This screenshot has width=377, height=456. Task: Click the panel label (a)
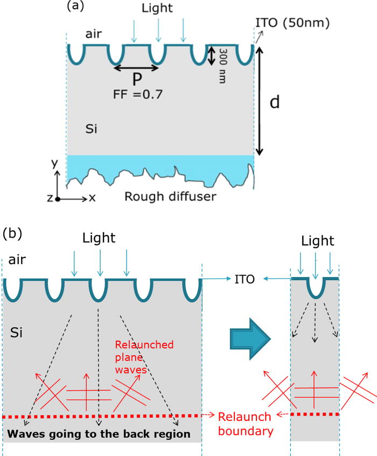pos(74,7)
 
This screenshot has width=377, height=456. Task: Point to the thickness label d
pos(275,102)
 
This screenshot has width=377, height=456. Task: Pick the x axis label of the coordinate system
pos(92,198)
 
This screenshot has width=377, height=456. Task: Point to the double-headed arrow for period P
pos(136,67)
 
